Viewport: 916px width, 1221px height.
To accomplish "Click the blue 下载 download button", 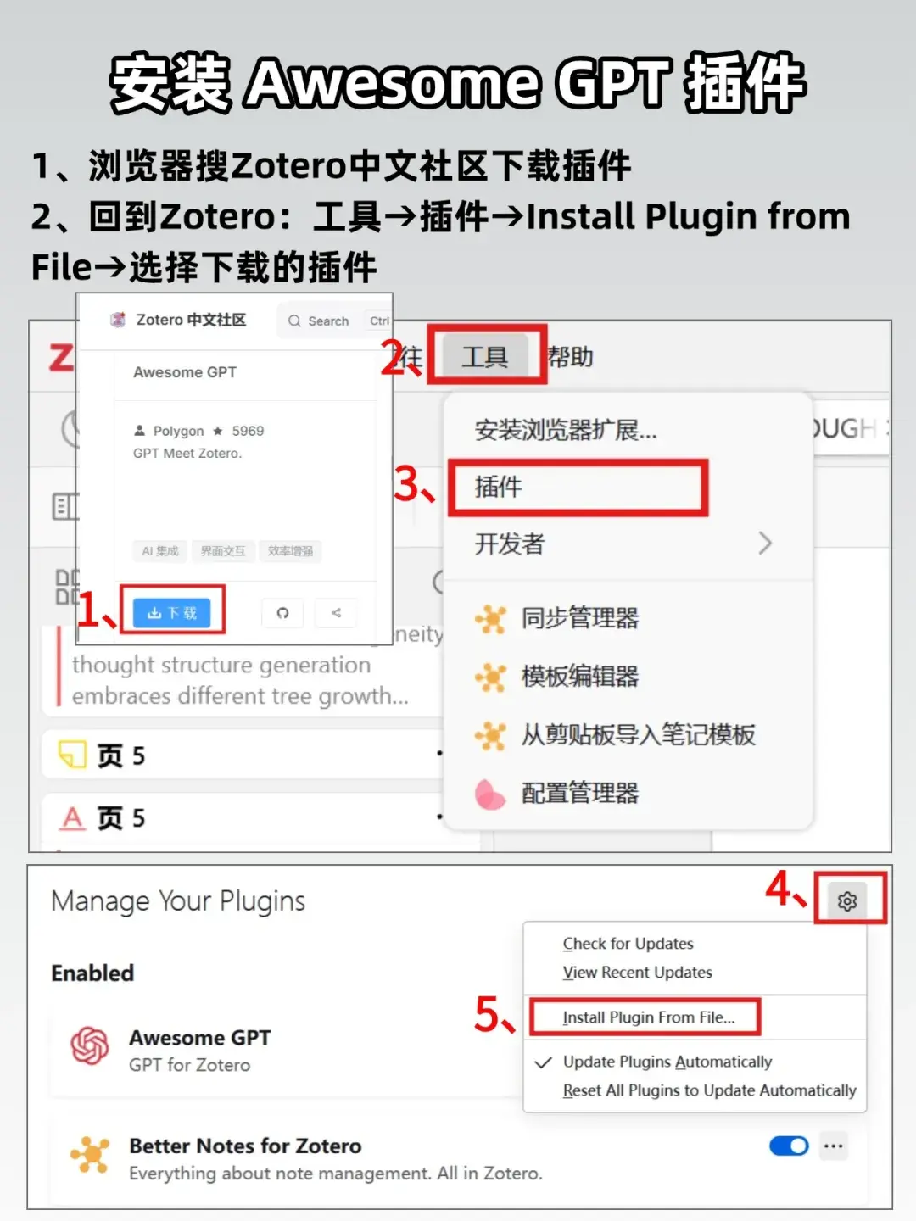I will point(172,612).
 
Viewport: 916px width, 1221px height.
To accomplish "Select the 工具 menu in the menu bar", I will point(484,357).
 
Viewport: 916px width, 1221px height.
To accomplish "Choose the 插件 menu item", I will point(499,487).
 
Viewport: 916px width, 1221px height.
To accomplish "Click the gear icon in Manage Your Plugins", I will point(846,900).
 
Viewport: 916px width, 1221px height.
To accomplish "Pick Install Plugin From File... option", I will point(648,1017).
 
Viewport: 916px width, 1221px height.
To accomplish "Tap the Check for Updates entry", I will point(628,944).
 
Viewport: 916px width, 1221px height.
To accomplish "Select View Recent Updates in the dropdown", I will point(637,973).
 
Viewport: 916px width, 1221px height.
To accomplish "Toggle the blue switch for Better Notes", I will point(789,1146).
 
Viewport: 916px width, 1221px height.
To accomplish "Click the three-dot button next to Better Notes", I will point(834,1146).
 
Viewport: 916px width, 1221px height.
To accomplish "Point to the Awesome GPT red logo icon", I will point(90,1045).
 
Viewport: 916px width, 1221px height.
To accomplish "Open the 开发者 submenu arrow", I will point(764,543).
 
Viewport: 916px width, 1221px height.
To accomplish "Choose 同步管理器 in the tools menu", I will point(579,618).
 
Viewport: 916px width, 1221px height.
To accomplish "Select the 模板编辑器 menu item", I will point(579,677).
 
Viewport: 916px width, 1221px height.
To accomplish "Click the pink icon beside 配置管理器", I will point(489,794).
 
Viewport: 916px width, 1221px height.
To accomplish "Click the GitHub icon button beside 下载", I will point(282,612).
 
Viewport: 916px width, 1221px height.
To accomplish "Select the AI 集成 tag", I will point(160,551).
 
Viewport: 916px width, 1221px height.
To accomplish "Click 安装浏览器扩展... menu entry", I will point(565,430).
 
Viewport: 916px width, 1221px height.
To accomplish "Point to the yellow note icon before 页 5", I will point(72,754).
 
